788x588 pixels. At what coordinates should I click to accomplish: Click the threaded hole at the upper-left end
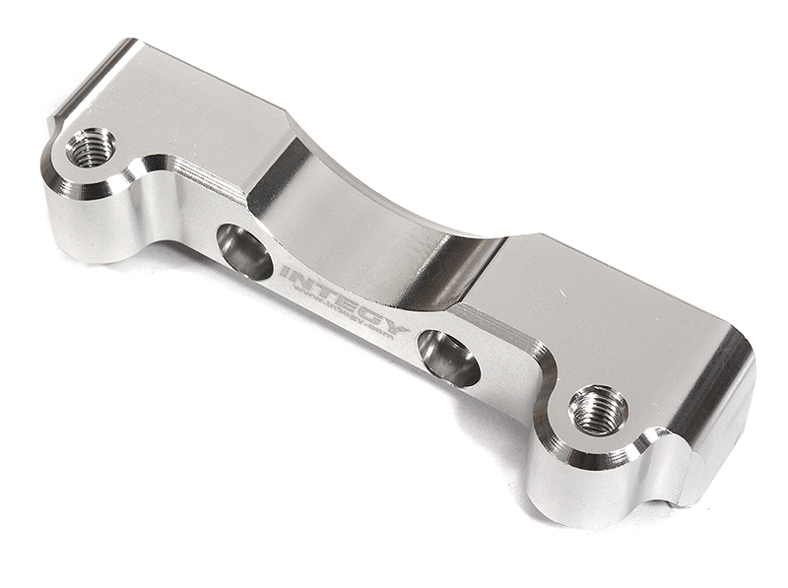click(91, 148)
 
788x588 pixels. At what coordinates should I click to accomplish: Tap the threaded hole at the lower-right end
click(599, 408)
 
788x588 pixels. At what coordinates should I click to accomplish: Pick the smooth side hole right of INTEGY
click(448, 358)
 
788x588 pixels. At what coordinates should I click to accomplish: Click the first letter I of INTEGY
click(285, 270)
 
